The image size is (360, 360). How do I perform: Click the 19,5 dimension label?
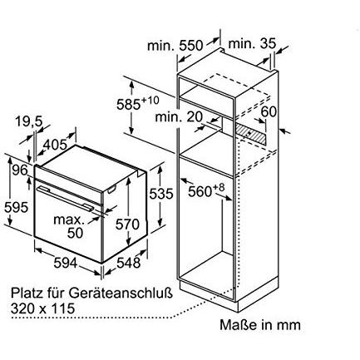29,121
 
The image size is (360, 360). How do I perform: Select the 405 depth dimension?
56,144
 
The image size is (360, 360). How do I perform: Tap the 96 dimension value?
19,170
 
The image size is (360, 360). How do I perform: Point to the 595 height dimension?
16,207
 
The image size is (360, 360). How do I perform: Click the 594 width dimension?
66,263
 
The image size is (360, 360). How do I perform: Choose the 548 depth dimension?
128,263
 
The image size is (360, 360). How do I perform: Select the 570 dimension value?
127,224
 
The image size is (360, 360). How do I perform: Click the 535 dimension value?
161,194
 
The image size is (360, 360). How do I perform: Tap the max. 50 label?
69,226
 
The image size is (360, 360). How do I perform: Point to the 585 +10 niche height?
138,102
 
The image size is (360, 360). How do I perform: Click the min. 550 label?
175,45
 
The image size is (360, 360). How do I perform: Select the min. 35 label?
252,43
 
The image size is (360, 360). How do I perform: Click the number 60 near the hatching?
269,111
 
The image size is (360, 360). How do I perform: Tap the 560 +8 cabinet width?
205,190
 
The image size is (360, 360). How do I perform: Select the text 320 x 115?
43,308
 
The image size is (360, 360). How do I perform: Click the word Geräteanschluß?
121,293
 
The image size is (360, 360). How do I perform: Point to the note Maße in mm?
260,325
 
